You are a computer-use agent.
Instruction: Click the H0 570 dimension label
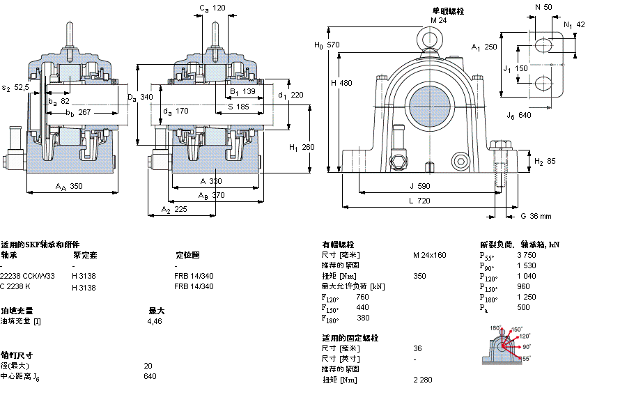pyautogui.click(x=327, y=45)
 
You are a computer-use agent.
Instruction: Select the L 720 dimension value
pyautogui.click(x=419, y=201)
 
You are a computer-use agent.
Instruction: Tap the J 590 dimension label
pyautogui.click(x=420, y=186)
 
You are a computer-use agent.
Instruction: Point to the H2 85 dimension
pyautogui.click(x=544, y=162)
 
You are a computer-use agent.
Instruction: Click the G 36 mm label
pyautogui.click(x=536, y=216)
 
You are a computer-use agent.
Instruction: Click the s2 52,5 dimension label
pyautogui.click(x=15, y=88)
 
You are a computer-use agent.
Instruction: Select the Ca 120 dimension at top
pyautogui.click(x=212, y=8)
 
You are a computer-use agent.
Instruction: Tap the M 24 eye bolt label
pyautogui.click(x=438, y=20)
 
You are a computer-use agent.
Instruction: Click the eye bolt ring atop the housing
pyautogui.click(x=427, y=36)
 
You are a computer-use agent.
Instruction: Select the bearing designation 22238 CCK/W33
pyautogui.click(x=28, y=277)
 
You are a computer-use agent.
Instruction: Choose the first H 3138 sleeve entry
pyautogui.click(x=84, y=277)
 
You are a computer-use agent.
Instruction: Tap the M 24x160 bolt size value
pyautogui.click(x=429, y=255)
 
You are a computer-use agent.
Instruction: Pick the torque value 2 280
pyautogui.click(x=423, y=380)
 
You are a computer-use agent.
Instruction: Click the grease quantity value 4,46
pyautogui.click(x=154, y=322)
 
